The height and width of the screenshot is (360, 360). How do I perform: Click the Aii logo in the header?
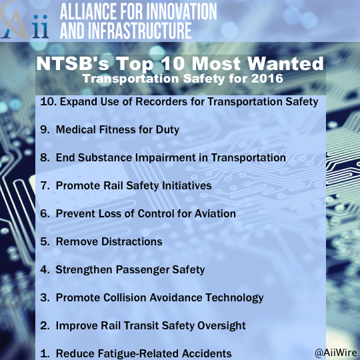click(25, 21)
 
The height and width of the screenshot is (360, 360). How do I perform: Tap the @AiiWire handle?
click(336, 353)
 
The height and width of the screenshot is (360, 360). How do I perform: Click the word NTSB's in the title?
click(73, 63)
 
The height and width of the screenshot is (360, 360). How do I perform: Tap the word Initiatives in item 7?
click(187, 185)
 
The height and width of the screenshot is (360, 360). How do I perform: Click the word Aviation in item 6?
click(215, 213)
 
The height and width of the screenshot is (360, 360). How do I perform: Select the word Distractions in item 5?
click(132, 241)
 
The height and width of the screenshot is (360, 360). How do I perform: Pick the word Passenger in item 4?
click(143, 270)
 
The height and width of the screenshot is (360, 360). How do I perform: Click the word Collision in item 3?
click(125, 297)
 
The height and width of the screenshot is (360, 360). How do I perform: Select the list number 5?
click(45, 242)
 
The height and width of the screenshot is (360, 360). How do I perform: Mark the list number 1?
click(45, 354)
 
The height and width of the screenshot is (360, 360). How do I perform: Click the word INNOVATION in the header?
click(181, 11)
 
